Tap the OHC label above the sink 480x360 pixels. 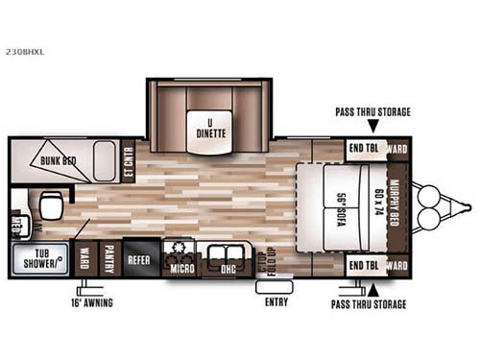228,267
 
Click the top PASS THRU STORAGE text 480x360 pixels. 372,112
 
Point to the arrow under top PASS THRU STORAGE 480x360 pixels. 372,126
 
